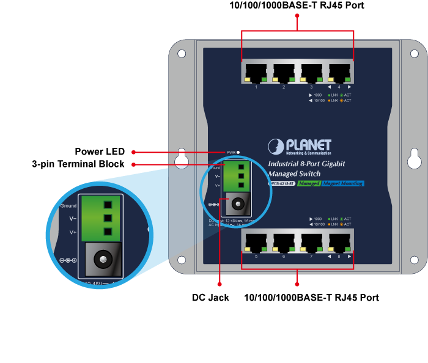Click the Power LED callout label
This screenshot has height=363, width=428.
click(x=100, y=152)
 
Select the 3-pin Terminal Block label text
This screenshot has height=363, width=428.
click(x=78, y=164)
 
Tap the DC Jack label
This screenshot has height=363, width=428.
click(x=211, y=298)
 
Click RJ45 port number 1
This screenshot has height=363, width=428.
click(x=256, y=73)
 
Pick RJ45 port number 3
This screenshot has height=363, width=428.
click(x=312, y=73)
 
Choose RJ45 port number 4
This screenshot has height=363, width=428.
click(x=339, y=73)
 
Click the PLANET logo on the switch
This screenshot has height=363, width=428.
click(x=300, y=147)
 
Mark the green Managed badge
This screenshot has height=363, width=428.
click(x=309, y=183)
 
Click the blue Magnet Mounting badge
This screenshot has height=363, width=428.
click(x=342, y=183)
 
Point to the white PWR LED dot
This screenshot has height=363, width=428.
click(x=238, y=152)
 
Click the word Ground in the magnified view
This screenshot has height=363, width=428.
click(x=68, y=206)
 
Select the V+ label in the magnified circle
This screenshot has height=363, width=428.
click(x=73, y=232)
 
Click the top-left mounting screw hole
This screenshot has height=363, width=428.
click(x=182, y=54)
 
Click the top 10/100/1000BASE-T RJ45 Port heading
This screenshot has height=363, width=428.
click(x=297, y=5)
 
